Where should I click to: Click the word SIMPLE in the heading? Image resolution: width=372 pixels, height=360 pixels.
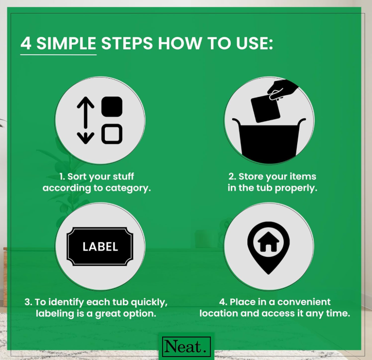coord(66,43)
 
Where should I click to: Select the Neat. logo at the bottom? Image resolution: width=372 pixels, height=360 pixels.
coord(186,346)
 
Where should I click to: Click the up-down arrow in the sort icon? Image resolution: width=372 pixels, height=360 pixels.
coord(85,120)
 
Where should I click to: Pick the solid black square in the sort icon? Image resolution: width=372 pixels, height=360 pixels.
coord(112,107)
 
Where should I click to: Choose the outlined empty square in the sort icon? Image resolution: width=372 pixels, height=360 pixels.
coord(112,134)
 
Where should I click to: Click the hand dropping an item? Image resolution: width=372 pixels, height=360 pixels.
coord(282,90)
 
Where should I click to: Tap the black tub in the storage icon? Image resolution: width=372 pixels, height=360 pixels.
coord(269,140)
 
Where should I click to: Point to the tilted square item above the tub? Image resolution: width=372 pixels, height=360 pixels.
coord(266,109)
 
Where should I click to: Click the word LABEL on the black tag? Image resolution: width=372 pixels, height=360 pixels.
coord(100,247)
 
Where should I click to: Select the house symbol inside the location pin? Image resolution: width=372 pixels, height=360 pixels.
coord(268,241)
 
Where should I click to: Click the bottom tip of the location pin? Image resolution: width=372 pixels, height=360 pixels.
coord(268,274)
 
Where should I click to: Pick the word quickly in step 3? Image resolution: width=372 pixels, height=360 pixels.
coord(149,302)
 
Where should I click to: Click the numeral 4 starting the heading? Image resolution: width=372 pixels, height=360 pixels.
coord(26,43)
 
